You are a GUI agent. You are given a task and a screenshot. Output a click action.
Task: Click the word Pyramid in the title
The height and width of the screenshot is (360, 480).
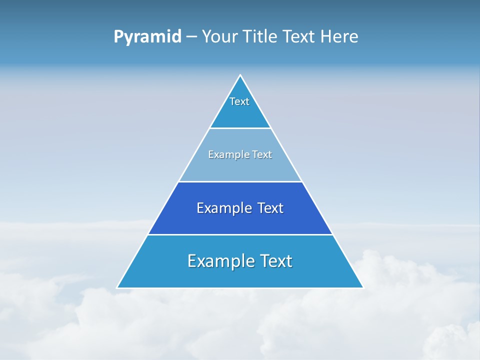(147, 37)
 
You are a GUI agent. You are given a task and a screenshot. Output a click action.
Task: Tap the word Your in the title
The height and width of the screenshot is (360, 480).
(219, 36)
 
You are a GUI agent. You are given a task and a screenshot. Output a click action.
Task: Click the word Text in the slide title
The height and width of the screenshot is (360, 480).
(299, 36)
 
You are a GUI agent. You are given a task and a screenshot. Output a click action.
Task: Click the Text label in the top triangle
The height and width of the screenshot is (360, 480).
(239, 101)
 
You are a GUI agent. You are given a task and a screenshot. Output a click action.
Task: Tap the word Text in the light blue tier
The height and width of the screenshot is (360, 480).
(262, 154)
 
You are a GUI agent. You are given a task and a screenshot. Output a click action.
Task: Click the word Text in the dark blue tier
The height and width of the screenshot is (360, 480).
(270, 208)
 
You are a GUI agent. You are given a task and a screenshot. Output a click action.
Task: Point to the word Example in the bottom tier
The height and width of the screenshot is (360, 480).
(219, 261)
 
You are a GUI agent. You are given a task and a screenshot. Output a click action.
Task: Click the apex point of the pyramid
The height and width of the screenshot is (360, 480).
(240, 75)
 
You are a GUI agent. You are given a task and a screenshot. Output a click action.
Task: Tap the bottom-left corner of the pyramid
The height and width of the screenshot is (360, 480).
(117, 287)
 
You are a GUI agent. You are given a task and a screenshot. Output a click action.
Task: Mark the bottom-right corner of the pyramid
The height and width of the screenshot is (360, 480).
(363, 287)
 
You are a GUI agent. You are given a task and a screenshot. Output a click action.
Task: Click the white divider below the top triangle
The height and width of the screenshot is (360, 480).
(240, 128)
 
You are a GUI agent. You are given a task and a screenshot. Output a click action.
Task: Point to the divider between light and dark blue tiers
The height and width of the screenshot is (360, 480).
(240, 181)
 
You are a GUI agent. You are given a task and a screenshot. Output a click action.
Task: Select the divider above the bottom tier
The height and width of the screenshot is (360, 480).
(240, 234)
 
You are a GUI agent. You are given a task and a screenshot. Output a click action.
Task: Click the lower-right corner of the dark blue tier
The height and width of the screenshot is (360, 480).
(332, 233)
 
